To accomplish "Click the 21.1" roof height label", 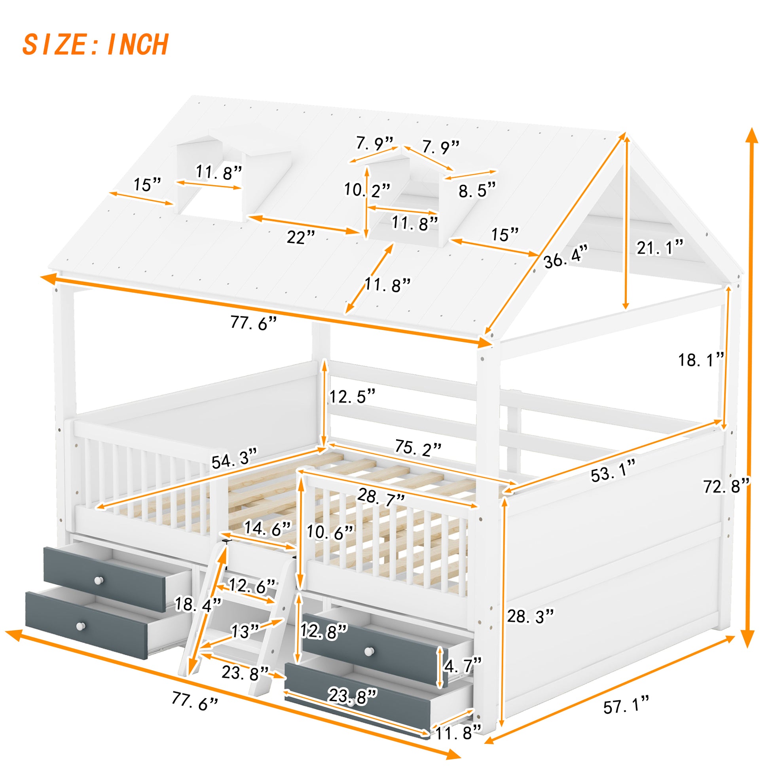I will click(x=660, y=248).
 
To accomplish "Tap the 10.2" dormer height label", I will click(x=367, y=190).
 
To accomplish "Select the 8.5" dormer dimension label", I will click(x=477, y=190).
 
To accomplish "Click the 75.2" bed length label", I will click(x=418, y=448).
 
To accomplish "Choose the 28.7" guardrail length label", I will click(x=381, y=497).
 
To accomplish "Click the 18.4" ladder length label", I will click(x=198, y=604).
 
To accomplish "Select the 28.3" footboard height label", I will click(x=530, y=616).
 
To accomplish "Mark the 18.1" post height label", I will click(x=701, y=360).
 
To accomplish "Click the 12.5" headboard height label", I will click(x=352, y=396).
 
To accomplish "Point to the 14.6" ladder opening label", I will click(x=267, y=528).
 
